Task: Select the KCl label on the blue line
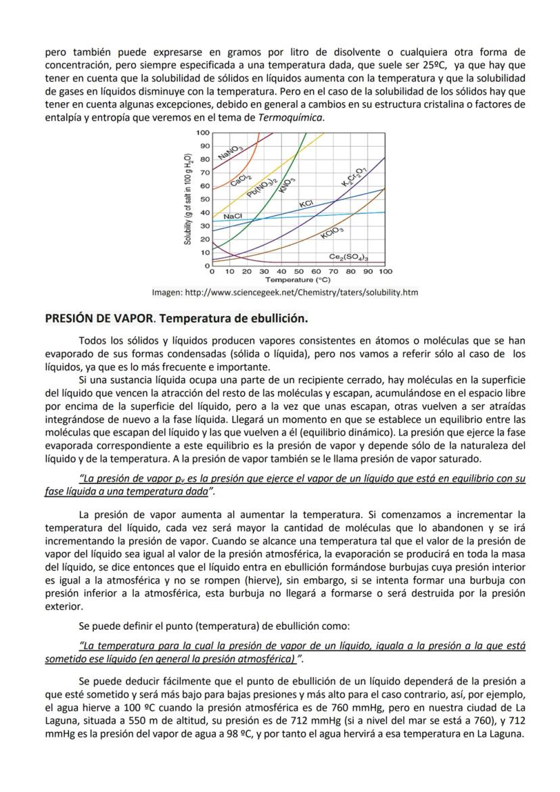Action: pos(305,204)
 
